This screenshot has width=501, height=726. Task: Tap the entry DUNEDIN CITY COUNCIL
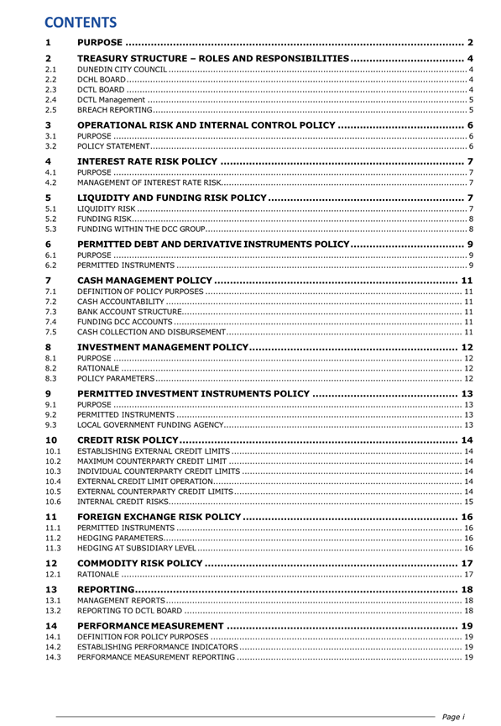[x=123, y=69]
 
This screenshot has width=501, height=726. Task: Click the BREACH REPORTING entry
[x=114, y=109]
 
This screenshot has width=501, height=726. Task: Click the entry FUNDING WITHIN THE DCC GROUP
[x=139, y=229]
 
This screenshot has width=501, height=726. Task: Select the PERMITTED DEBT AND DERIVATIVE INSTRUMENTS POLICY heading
[x=212, y=244]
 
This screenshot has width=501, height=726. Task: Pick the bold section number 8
[x=48, y=347]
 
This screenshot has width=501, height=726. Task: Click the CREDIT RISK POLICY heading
[x=127, y=439]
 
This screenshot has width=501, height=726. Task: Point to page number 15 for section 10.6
[x=469, y=502]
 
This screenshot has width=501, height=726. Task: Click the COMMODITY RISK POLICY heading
[x=139, y=564]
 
